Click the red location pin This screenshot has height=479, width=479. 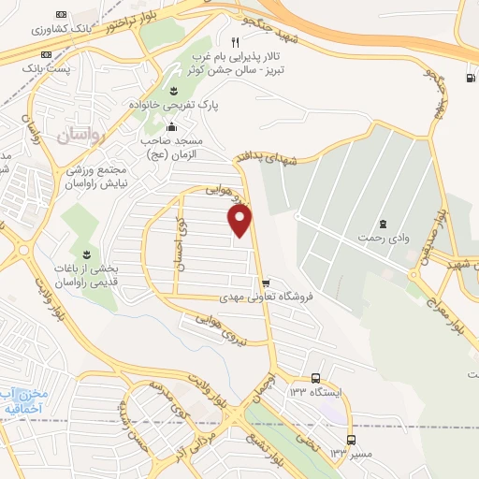(241, 220)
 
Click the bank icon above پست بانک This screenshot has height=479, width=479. (62, 15)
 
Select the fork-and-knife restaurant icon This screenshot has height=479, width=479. (236, 42)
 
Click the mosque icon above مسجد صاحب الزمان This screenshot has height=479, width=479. (170, 126)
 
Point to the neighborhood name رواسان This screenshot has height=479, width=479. (83, 137)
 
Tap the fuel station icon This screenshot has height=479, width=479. (468, 79)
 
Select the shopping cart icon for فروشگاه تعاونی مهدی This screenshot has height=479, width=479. (266, 283)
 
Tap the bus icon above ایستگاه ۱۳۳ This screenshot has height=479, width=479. (316, 378)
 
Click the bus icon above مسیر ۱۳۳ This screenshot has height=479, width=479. (351, 439)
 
